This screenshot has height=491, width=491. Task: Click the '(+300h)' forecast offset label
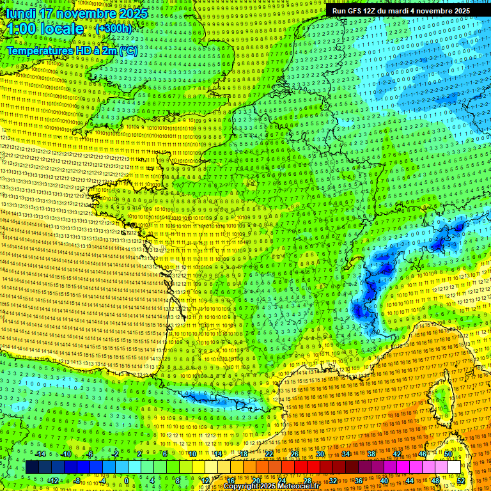pos(113,29)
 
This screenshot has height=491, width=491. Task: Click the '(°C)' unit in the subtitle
pos(128,51)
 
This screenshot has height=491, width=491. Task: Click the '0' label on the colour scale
pos(127,481)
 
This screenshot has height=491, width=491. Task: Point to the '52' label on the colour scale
pos(461,481)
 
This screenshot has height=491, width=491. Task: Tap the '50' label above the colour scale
pos(448,454)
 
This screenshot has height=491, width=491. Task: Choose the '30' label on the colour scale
pos(320,454)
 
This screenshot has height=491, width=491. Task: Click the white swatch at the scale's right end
pos(454,467)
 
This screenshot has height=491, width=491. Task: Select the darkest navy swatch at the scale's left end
pos(32,467)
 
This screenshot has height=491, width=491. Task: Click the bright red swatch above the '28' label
pos(307,467)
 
